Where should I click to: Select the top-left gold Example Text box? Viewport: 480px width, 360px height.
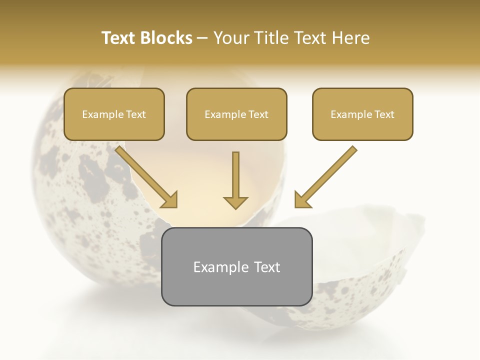coord(114,114)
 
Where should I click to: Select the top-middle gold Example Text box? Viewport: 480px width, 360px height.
coord(236,114)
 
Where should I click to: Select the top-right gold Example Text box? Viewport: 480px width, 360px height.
coord(362,114)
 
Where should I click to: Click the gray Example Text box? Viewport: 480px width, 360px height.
coord(236,267)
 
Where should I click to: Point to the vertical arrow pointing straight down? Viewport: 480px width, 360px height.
coord(235,177)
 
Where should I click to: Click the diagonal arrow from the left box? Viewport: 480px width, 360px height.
coord(145,175)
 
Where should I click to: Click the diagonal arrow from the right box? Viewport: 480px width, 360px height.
coord(327,175)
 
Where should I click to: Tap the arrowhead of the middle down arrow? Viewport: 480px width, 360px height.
coord(235,202)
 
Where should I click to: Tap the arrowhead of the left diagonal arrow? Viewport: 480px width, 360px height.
coord(170,200)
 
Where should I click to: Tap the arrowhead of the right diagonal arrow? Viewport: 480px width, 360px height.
coord(302,200)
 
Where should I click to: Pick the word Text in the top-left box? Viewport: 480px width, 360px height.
coord(136,114)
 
